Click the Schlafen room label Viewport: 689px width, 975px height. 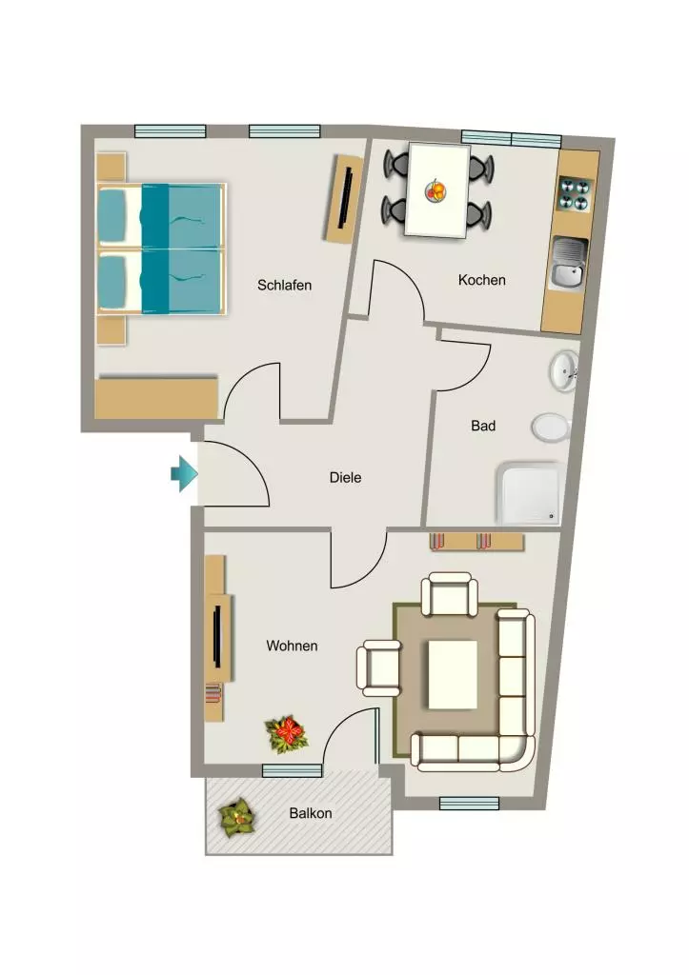click(284, 286)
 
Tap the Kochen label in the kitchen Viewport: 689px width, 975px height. click(482, 280)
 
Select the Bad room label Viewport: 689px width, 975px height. click(483, 426)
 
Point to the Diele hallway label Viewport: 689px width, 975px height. click(345, 478)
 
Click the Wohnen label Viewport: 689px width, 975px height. click(292, 647)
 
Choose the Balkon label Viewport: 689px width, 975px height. click(311, 813)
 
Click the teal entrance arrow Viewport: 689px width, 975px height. click(184, 474)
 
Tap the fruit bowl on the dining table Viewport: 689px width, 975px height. click(436, 190)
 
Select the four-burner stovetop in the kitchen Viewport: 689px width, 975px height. click(574, 194)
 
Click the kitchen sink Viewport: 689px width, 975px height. click(568, 265)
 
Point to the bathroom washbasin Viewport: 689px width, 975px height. click(564, 372)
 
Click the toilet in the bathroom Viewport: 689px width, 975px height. click(552, 428)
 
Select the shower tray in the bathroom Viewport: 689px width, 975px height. click(529, 493)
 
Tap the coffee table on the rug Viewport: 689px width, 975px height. click(453, 675)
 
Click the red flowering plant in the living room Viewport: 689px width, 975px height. click(286, 734)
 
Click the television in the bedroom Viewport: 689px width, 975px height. click(346, 198)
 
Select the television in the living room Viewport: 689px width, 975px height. click(217, 637)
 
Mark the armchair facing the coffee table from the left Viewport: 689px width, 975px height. click(378, 668)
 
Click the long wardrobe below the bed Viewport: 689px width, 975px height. click(156, 397)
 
